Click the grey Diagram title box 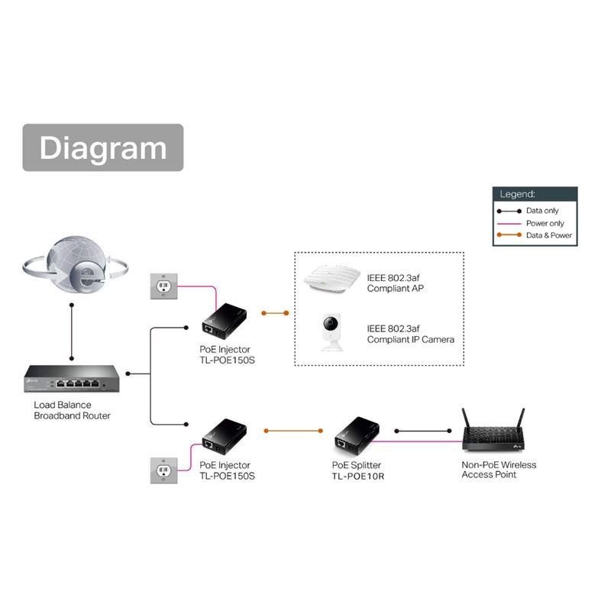coord(102,147)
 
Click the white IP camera coord(331,331)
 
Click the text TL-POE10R coord(358,476)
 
